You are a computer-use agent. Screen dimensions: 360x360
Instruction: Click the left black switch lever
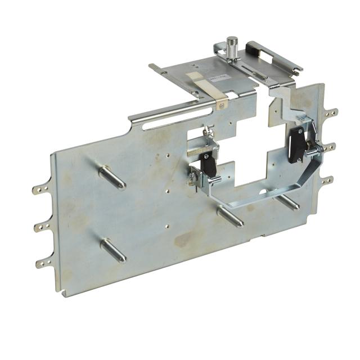[x=209, y=164]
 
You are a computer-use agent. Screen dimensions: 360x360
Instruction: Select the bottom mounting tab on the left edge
[x=44, y=262]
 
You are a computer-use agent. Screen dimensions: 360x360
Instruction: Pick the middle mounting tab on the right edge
[x=329, y=147]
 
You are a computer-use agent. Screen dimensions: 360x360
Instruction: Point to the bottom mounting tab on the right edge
[x=327, y=181]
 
